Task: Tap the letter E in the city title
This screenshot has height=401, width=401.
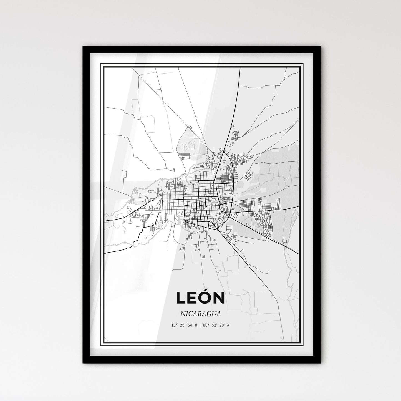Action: pos(193,298)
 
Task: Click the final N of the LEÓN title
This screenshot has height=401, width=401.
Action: pos(220,298)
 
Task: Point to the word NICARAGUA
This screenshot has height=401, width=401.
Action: pos(200,314)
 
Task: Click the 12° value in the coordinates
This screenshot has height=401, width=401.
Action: pos(174,325)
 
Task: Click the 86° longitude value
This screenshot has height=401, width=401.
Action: pos(205,325)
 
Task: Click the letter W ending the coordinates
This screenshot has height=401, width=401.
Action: pos(228,325)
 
